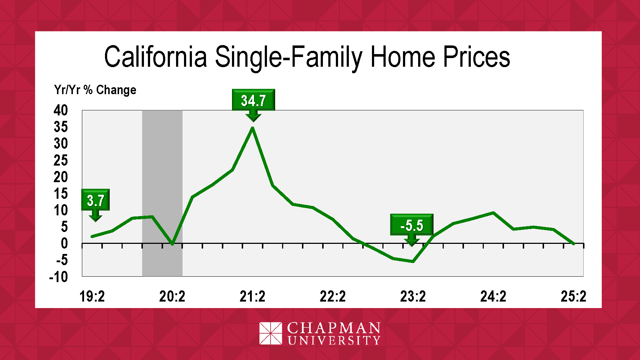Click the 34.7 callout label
pos(253,100)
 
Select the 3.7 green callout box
pos(96,199)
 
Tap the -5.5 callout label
pos(412,225)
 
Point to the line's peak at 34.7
pos(253,128)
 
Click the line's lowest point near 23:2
pos(413,261)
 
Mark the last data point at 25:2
pos(573,243)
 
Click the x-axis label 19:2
pos(92,297)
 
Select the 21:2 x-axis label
pos(253,297)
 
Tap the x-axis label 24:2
pos(493,297)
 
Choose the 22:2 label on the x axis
pos(333,297)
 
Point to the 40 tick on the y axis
pos(61,110)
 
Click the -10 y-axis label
pos(58,277)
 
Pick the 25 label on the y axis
pos(61,160)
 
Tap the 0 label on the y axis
pos(64,243)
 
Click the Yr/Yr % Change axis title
pos(95,90)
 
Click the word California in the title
pos(155,57)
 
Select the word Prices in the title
pos(477,57)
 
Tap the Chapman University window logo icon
pos(271,333)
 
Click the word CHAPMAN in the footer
pos(334,328)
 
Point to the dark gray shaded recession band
pos(162,193)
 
